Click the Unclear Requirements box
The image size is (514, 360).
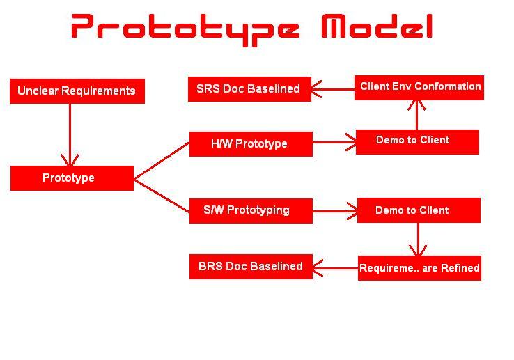(77, 91)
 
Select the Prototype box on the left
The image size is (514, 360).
(72, 178)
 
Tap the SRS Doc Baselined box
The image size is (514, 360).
(249, 89)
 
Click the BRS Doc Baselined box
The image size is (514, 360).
(251, 267)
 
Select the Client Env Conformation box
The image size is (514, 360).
(419, 87)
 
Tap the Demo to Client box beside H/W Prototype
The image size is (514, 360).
(416, 141)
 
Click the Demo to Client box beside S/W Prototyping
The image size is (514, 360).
(418, 210)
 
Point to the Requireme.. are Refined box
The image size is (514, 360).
(419, 268)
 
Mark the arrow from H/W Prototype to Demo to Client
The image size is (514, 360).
(334, 144)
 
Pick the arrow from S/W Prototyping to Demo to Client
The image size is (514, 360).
(335, 210)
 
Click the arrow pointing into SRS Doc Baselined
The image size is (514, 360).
(332, 88)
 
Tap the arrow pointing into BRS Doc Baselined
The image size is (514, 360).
(335, 267)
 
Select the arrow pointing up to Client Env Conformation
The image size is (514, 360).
(416, 114)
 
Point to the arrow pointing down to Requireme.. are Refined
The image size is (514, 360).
(418, 240)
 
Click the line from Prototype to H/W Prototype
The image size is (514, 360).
(162, 161)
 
